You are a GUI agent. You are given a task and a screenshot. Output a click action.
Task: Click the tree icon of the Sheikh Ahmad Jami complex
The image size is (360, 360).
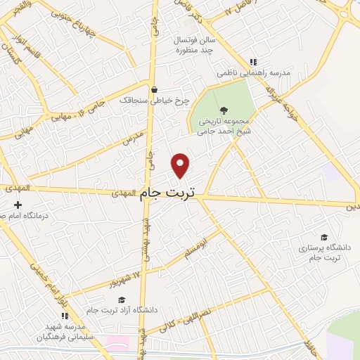pos(224,110)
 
